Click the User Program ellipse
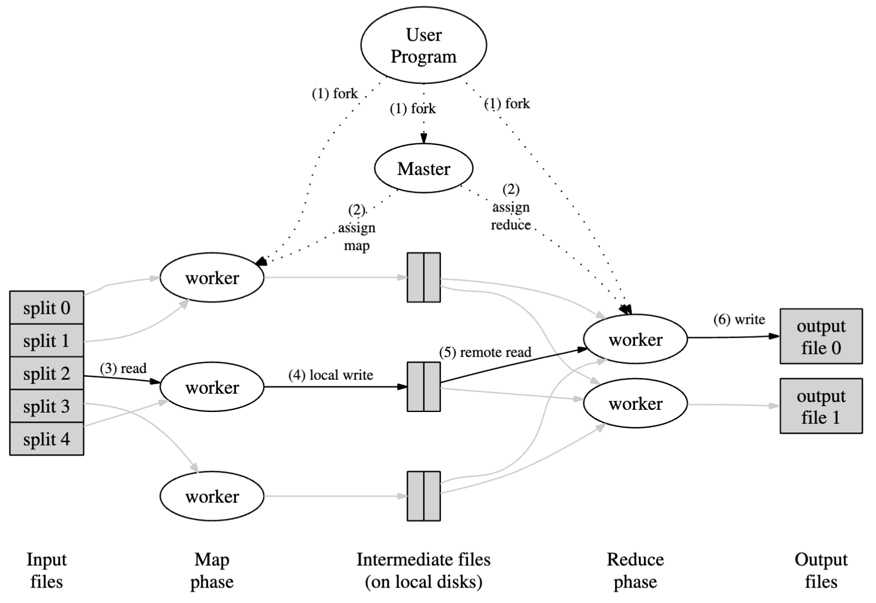coord(424,45)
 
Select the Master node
coord(424,168)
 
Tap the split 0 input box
coord(47,308)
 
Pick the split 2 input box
coord(47,373)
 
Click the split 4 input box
coord(47,439)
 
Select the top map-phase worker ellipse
coord(212,278)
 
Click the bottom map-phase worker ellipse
coord(212,496)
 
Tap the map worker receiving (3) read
coord(212,387)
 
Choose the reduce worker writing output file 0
coord(635,339)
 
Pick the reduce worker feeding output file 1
coord(635,403)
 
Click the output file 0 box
coord(820,336)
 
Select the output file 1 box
coord(820,406)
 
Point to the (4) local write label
coord(330,375)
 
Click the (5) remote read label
coord(485,353)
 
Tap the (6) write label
coord(739,320)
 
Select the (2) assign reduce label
coord(511,207)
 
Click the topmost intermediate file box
coord(424,278)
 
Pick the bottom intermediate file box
coord(424,496)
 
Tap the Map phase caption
coord(212,570)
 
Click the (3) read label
coord(123,369)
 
